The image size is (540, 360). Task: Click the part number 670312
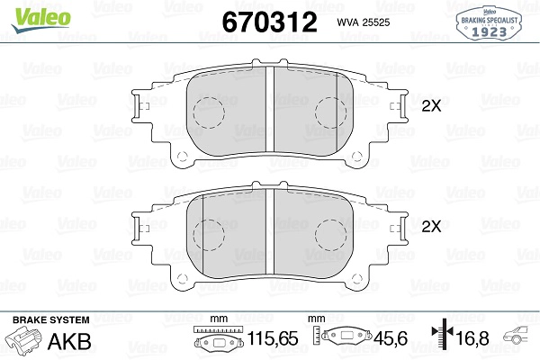click(x=269, y=22)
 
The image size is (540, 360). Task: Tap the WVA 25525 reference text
click(x=364, y=22)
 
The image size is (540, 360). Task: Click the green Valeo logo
click(x=41, y=19)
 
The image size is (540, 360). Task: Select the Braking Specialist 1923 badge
click(x=489, y=23)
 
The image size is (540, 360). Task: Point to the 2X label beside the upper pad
click(x=431, y=106)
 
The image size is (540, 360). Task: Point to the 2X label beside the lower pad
click(x=431, y=227)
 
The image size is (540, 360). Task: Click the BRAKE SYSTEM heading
click(x=51, y=320)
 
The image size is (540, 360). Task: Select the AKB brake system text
click(x=69, y=341)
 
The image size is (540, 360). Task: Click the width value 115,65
click(x=273, y=338)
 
